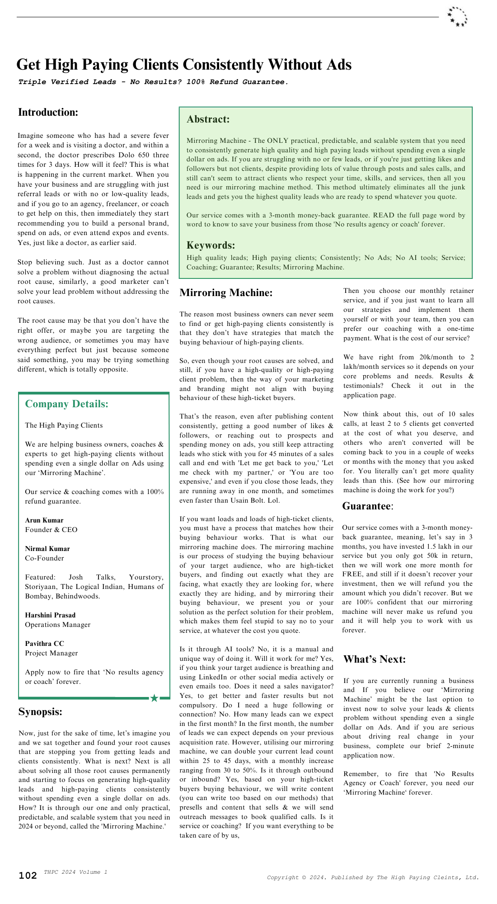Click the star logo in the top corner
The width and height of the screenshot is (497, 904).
tap(457, 17)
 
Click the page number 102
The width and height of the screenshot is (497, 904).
tap(28, 876)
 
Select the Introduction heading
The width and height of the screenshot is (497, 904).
tap(48, 113)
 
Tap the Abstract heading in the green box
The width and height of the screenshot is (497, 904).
tap(208, 119)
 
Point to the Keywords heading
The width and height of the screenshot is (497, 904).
tap(211, 245)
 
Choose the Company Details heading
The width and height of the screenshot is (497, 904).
tap(67, 404)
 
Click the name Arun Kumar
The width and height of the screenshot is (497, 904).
tap(44, 520)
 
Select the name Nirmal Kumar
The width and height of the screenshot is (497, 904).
tap(47, 549)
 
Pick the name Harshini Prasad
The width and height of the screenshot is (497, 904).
tap(50, 615)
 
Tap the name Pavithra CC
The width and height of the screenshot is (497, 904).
tap(44, 644)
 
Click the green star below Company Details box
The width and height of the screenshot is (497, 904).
tap(155, 698)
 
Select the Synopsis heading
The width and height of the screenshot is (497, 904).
tap(41, 712)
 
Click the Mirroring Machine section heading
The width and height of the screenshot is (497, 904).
tap(226, 293)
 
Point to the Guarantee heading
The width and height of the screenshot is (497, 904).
tap(367, 506)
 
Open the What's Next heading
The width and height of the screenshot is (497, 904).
tap(375, 659)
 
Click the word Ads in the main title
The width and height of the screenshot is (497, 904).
tap(339, 65)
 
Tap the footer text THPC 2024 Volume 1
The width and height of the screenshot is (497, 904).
tap(75, 872)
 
